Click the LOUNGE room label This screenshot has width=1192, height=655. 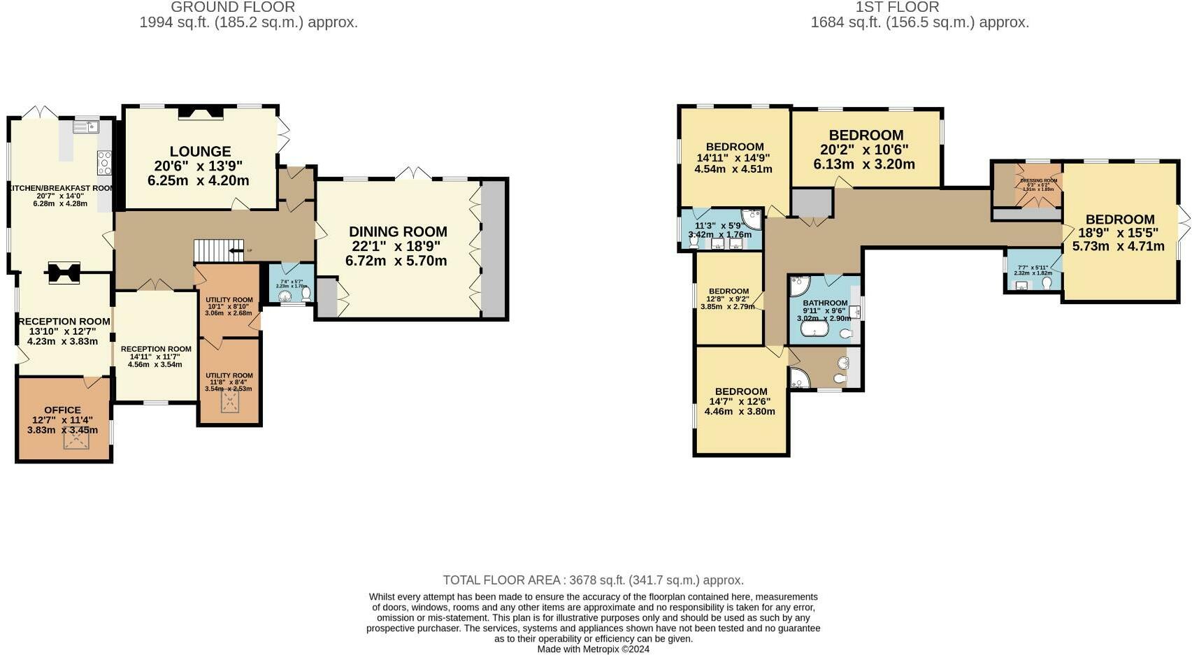click(200, 152)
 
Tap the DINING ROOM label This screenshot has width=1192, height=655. click(398, 231)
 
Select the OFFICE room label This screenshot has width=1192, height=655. click(62, 410)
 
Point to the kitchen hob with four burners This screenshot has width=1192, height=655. click(104, 163)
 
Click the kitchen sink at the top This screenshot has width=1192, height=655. click(86, 127)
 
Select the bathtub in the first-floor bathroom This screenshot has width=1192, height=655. click(814, 329)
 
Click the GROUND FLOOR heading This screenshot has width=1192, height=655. click(233, 7)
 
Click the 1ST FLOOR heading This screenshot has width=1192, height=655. click(897, 7)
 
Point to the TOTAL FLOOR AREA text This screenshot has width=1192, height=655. click(593, 580)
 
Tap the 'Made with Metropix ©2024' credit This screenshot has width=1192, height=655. click(593, 649)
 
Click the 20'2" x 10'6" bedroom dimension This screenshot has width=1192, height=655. click(865, 150)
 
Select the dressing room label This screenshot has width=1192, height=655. click(1038, 181)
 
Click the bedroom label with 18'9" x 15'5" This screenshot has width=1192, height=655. click(1120, 219)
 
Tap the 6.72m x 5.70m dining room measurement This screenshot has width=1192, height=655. click(396, 261)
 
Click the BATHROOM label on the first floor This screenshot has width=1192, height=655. click(825, 303)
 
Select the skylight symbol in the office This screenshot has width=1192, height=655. click(76, 439)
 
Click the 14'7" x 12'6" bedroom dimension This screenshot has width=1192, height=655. click(740, 401)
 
